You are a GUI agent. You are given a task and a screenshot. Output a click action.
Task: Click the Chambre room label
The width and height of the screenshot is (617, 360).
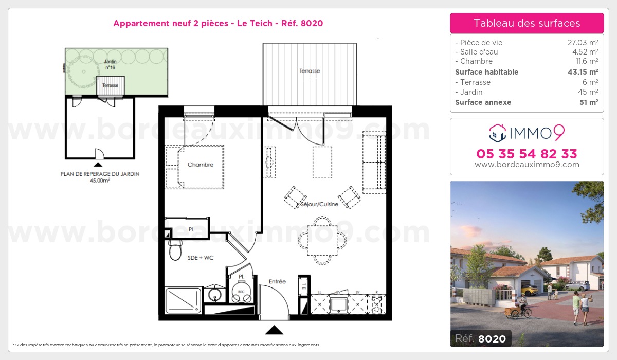pyautogui.click(x=200, y=165)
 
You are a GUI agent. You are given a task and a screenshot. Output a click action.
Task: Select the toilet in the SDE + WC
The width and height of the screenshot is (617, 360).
pyautogui.click(x=175, y=250)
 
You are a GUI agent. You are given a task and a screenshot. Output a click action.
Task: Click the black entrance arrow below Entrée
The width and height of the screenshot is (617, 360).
pyautogui.click(x=274, y=330)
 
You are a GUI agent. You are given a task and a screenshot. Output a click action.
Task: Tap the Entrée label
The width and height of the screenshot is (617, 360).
pyautogui.click(x=277, y=281)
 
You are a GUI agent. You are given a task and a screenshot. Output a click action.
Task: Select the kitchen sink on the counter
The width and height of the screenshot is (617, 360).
pyautogui.click(x=339, y=304)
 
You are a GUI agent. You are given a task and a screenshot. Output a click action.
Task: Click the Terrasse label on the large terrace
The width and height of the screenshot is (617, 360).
pyautogui.click(x=310, y=71)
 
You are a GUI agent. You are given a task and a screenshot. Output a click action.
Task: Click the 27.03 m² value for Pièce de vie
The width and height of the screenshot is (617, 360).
pyautogui.click(x=582, y=43)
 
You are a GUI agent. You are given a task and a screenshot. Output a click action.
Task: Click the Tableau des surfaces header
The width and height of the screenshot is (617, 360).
pyautogui.click(x=527, y=23)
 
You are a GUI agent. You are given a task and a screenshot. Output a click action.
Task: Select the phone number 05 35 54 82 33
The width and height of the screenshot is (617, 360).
pyautogui.click(x=527, y=154)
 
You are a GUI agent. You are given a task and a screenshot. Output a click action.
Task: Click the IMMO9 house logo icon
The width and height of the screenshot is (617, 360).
pyautogui.click(x=498, y=133)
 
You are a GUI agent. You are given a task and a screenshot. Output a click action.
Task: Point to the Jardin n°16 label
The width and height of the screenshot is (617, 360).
pyautogui.click(x=110, y=64)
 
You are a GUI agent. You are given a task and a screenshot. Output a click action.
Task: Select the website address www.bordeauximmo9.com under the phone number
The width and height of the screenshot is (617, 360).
pyautogui.click(x=527, y=165)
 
